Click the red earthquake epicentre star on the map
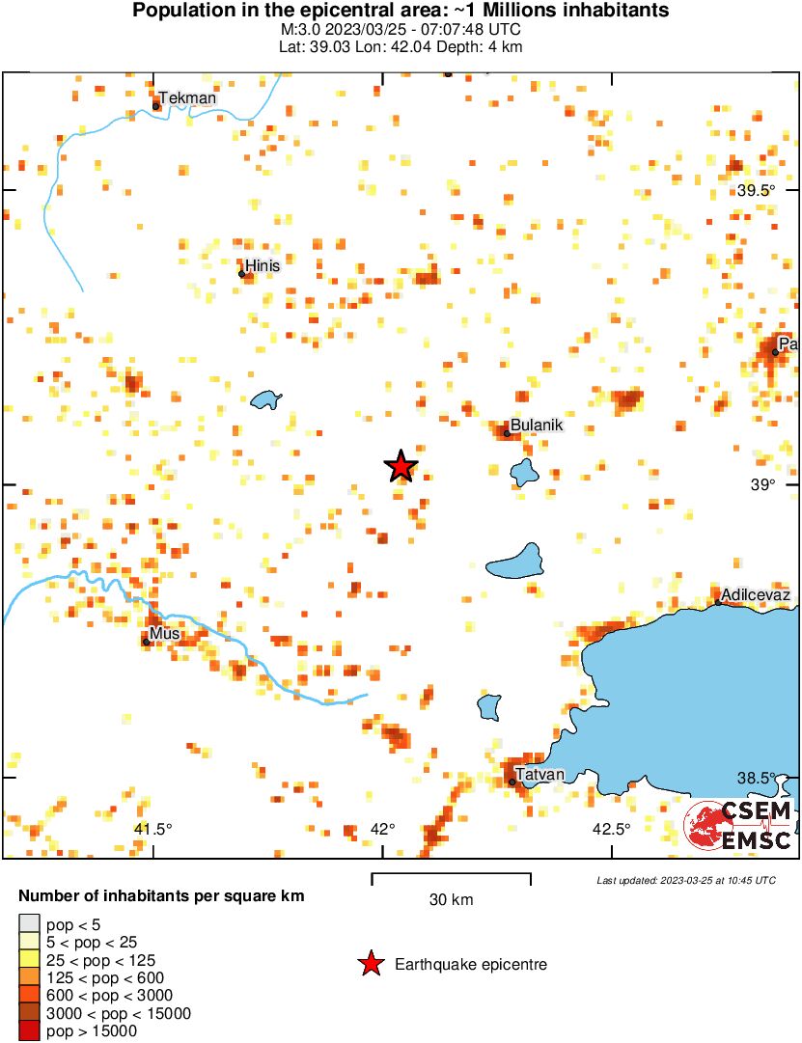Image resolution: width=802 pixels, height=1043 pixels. tap(401, 466)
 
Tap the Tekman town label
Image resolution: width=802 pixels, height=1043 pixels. tap(187, 97)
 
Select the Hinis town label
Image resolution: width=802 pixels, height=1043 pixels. tap(263, 265)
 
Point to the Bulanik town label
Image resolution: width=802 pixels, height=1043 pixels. tap(536, 425)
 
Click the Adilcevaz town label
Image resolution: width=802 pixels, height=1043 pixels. tap(756, 595)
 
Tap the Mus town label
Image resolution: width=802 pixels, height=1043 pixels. tap(165, 634)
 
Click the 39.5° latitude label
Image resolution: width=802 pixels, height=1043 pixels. tap(756, 190)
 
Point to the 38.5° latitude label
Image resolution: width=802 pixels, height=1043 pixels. tap(756, 778)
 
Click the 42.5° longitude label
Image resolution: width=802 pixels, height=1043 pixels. tap(611, 829)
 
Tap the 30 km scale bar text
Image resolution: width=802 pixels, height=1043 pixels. tap(451, 900)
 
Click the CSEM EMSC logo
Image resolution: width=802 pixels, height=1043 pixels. tap(739, 826)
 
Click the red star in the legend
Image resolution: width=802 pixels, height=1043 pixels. tap(370, 964)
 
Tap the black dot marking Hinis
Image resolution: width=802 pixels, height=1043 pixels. tap(242, 274)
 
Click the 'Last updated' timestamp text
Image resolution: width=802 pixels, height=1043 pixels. tap(685, 880)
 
